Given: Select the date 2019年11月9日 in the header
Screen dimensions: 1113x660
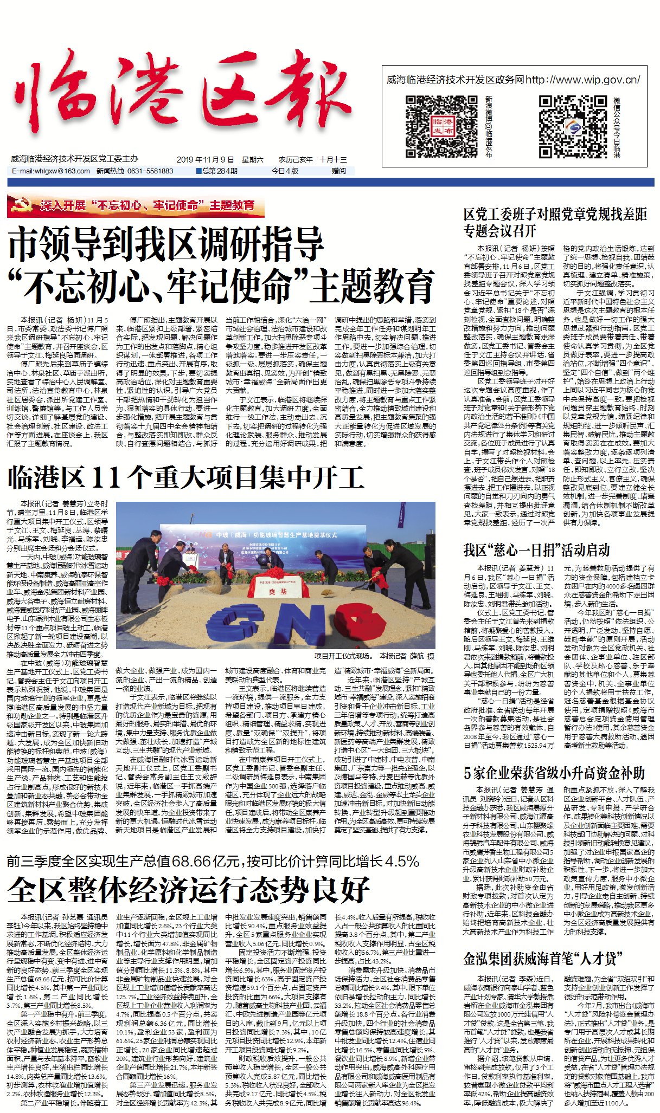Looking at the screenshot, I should point(205,160).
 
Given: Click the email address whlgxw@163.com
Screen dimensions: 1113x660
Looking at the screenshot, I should point(51,171).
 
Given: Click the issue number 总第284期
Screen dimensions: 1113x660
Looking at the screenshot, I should point(219,171).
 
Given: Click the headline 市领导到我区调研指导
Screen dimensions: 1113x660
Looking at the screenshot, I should point(166,244).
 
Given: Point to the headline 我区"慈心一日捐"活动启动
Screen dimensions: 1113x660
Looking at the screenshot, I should point(536,551).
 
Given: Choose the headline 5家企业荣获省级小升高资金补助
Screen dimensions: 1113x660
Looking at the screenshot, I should point(554,773).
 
